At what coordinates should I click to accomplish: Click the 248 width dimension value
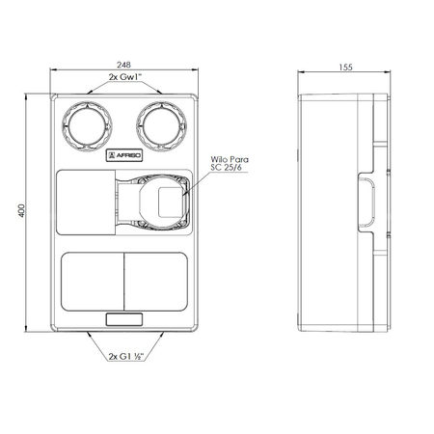coord(123,65)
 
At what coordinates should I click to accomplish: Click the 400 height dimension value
coord(21,210)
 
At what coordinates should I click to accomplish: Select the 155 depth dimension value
coord(345,68)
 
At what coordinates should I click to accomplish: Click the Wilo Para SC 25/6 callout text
coord(230,163)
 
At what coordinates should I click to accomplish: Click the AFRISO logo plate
coord(124,155)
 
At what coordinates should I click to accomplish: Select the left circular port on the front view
coord(87,126)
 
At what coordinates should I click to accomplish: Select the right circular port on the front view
coord(161,126)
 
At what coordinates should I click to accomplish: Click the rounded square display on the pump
coord(171,203)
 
